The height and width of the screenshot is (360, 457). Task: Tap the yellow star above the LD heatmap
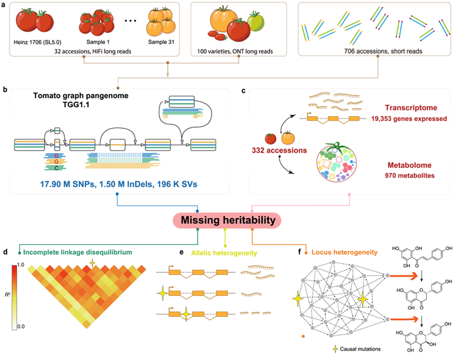pos(92,263)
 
